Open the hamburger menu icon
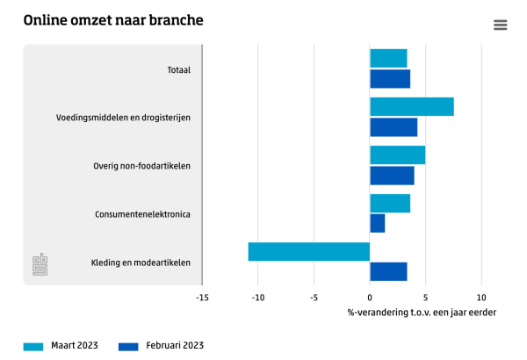tap(501, 25)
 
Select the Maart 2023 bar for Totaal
tap(388, 59)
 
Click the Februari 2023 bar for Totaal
tap(390, 79)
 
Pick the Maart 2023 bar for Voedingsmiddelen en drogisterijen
tap(412, 107)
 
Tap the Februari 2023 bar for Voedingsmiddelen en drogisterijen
tap(393, 127)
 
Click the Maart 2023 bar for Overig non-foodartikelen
tap(397, 155)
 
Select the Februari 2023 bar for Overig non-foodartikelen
tap(392, 176)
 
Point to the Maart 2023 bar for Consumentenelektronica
tap(390, 204)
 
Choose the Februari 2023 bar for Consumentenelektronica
tap(377, 224)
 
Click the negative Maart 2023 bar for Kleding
tap(309, 252)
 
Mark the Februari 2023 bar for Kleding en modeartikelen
tap(388, 271)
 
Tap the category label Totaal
tap(179, 69)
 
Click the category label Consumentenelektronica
tap(142, 214)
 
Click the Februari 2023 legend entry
tap(161, 346)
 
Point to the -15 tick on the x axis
tap(202, 297)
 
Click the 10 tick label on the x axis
tap(481, 297)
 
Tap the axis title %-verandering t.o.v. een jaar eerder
tap(422, 313)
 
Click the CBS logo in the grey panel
tap(40, 264)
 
